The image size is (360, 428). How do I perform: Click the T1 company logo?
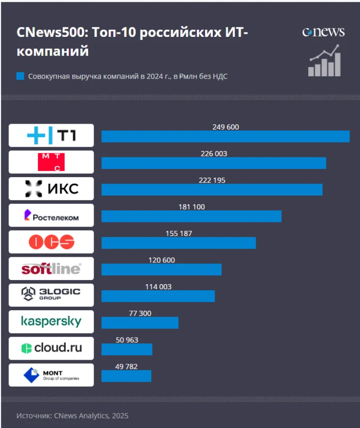[51, 135]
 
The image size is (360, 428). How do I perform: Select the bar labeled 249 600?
[225, 137]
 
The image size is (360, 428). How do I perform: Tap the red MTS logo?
[51, 162]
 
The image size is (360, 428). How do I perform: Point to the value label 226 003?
[214, 154]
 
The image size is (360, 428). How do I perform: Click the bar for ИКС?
[211, 190]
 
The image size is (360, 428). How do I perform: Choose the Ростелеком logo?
[51, 215]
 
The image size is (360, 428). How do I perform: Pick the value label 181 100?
[191, 207]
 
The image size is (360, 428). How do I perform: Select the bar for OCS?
[178, 243]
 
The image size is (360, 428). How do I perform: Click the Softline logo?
[51, 269]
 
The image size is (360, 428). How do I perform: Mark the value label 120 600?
[162, 260]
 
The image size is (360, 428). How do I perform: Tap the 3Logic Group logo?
[51, 295]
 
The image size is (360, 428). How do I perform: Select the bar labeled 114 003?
[158, 296]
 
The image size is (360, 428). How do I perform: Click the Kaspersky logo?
[51, 321]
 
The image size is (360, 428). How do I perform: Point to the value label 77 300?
[140, 313]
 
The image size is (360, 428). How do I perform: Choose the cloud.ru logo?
[51, 348]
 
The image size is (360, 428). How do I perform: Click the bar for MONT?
[126, 376]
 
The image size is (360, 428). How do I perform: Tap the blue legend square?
[20, 76]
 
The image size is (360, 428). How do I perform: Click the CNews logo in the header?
[323, 32]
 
